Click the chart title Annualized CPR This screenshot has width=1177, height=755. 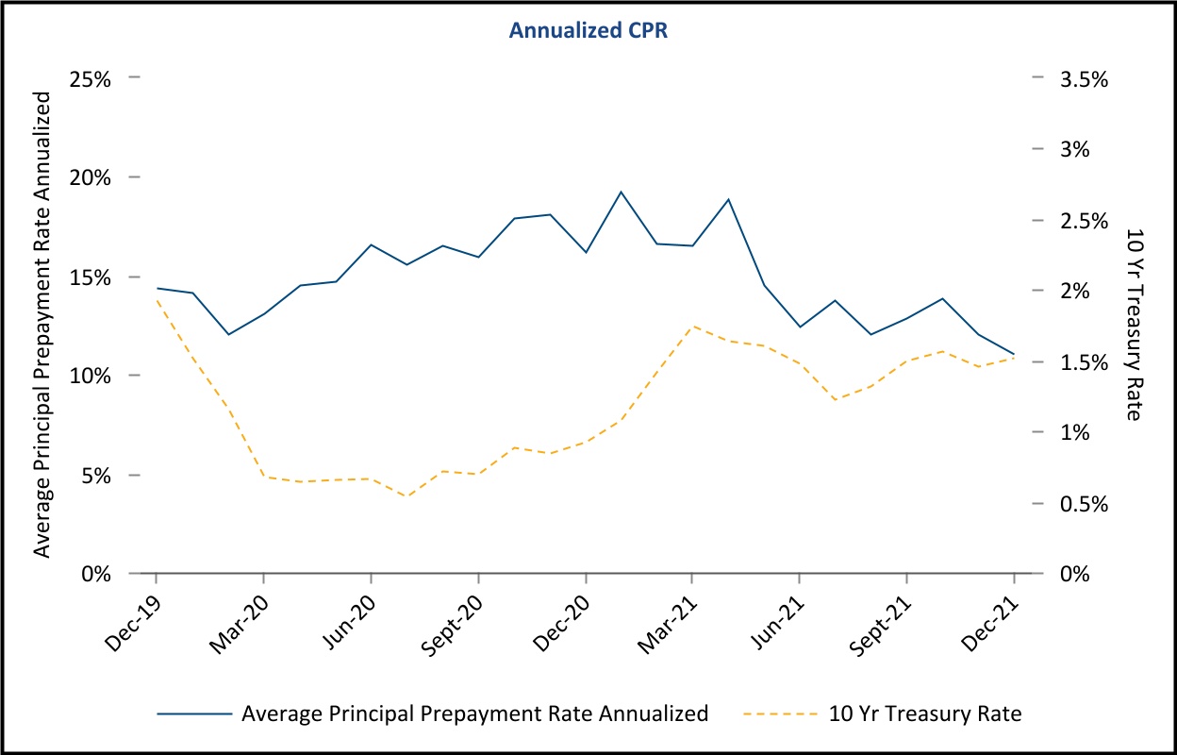pos(588,30)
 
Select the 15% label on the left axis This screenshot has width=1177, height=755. pos(91,277)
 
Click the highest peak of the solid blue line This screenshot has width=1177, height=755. pos(621,192)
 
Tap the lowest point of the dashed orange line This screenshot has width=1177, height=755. pos(406,496)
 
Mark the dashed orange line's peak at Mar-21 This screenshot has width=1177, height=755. pos(693,327)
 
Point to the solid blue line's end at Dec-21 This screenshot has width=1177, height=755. pos(1014,355)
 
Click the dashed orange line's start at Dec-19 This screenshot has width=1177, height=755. pos(156,300)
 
